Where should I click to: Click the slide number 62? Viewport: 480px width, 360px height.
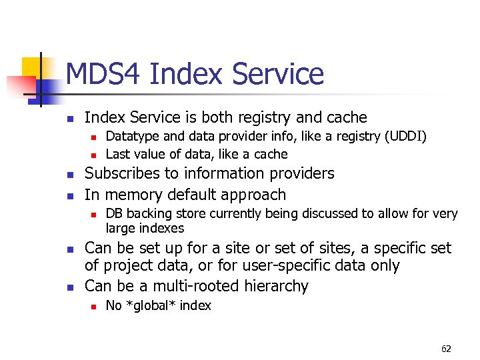446,349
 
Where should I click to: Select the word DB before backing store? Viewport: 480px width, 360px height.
114,213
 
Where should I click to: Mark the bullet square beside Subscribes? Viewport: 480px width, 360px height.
69,175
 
